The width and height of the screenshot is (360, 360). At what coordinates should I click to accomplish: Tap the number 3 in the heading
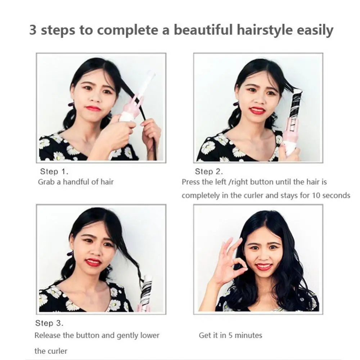33,30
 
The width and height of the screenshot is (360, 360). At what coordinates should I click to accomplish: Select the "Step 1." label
54,171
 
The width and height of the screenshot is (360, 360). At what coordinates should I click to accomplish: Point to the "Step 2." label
209,171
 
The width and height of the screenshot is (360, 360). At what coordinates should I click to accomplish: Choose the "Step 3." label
49,323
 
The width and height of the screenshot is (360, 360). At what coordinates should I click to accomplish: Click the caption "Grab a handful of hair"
76,182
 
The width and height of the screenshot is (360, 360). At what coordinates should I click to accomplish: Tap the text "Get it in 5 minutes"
230,336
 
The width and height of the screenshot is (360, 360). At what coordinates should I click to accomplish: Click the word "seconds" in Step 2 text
336,195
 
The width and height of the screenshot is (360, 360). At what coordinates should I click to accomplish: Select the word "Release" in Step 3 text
48,336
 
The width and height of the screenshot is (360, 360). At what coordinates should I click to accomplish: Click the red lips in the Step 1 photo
93,108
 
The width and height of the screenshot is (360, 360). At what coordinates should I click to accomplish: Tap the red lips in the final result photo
264,267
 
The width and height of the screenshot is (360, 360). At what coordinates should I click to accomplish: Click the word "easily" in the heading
315,30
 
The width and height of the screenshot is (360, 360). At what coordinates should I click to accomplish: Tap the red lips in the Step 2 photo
257,110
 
